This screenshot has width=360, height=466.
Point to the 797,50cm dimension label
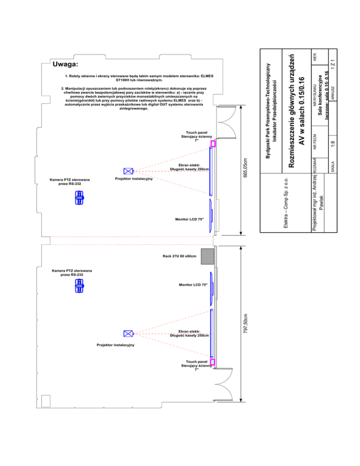tap(246, 324)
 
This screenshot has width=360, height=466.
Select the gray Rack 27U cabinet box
tap(207, 256)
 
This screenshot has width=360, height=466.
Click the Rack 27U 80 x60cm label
tap(180, 256)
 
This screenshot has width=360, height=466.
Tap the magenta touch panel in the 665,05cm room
tap(213, 144)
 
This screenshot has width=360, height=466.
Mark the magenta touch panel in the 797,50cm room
tap(212, 362)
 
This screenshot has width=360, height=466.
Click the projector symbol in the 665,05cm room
tap(128, 172)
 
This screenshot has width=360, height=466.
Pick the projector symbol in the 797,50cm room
tap(128, 334)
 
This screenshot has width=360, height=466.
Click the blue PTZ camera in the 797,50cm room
tap(80, 286)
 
